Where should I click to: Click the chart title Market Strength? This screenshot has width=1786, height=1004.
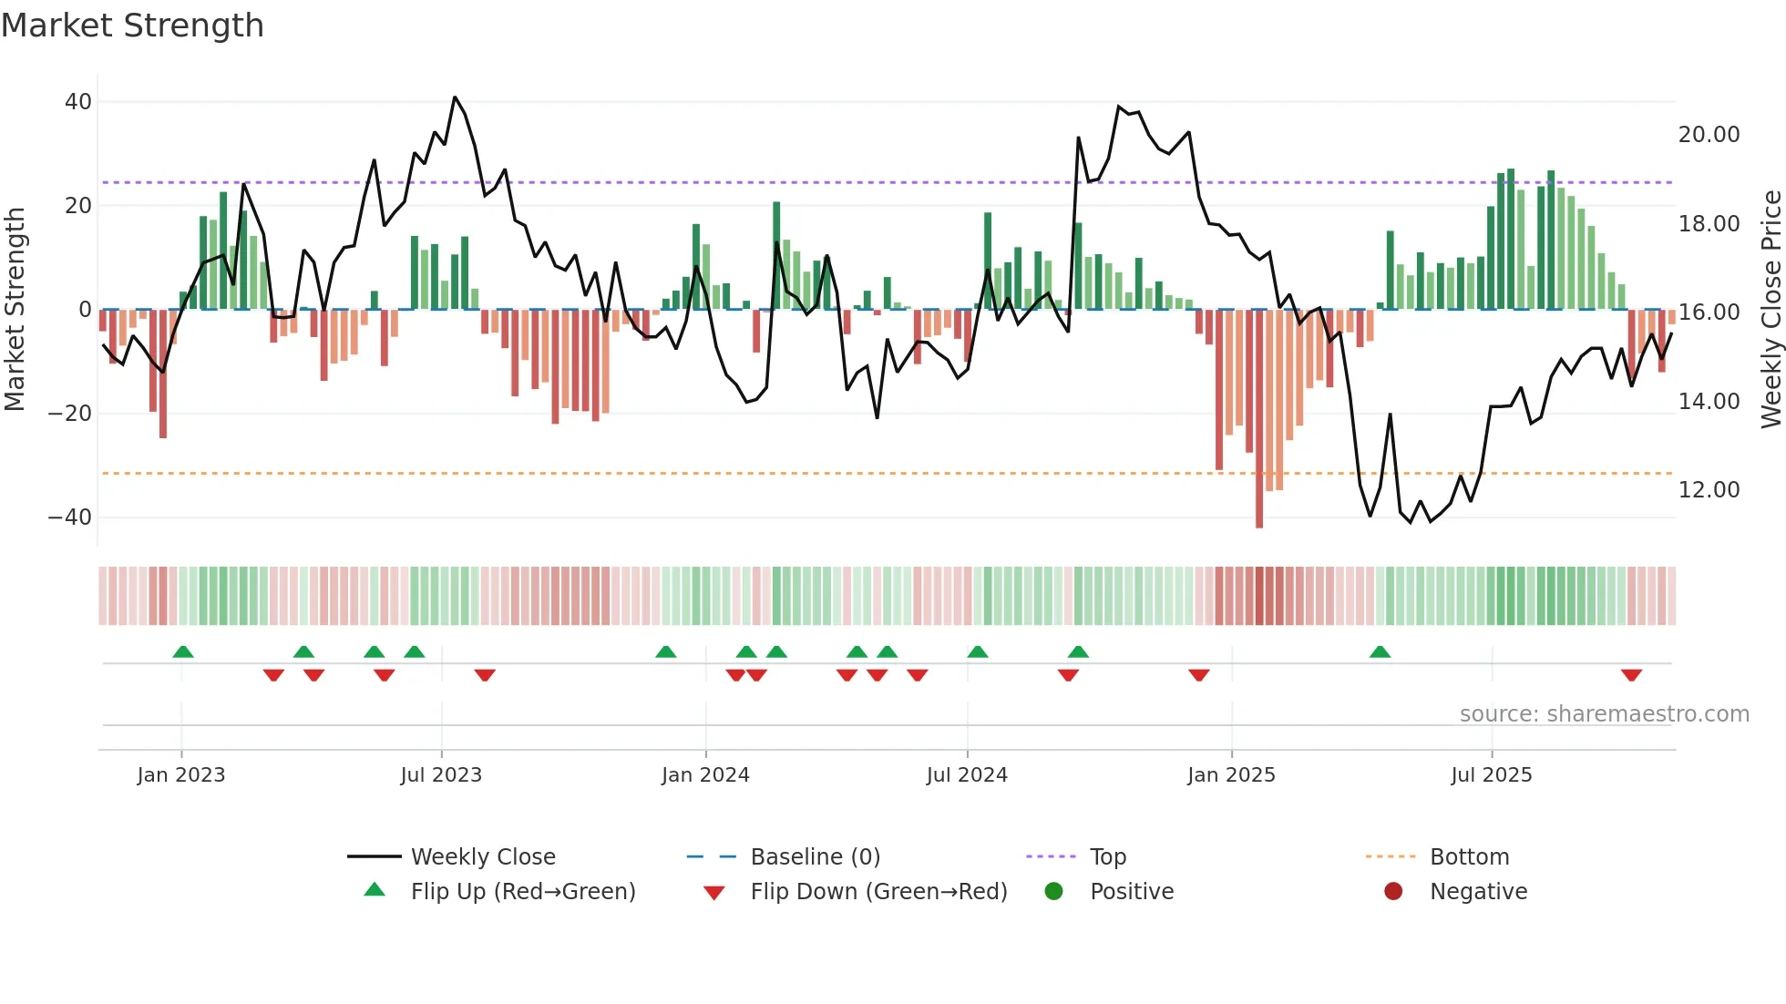(x=132, y=26)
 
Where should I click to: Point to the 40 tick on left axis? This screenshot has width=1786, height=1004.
(x=78, y=102)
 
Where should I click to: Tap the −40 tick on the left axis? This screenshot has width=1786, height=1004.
(x=70, y=517)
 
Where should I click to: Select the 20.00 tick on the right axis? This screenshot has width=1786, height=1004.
(x=1709, y=135)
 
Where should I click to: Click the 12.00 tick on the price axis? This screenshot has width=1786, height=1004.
(x=1709, y=490)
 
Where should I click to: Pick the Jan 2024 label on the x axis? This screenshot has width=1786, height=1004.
(x=705, y=775)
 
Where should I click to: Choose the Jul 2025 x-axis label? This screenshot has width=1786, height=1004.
(x=1492, y=775)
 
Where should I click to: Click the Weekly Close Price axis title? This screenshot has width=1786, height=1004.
(x=1771, y=310)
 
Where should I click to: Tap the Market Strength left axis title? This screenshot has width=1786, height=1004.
(x=15, y=310)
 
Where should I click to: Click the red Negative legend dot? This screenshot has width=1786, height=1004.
(x=1393, y=892)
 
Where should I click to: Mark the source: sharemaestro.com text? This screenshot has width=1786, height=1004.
(x=1604, y=714)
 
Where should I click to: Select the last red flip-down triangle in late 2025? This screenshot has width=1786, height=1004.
(x=1631, y=675)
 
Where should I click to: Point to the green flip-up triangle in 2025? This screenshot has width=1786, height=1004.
(x=1380, y=651)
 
